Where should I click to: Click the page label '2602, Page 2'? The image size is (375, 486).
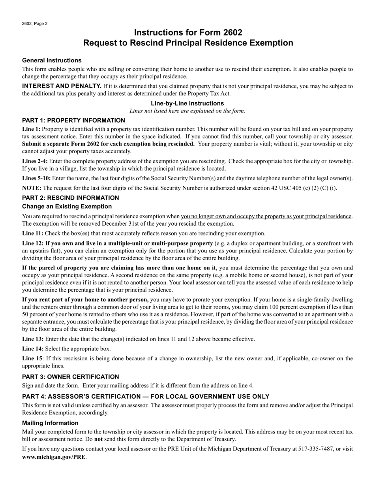point(35,24)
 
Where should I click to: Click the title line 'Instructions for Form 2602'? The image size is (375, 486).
point(188,32)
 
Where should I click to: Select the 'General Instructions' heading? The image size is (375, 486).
point(52,60)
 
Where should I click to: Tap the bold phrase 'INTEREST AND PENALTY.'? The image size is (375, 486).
point(62,86)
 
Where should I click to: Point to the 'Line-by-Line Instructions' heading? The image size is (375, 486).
point(187,103)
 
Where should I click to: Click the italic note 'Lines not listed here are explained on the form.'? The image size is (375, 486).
point(187,111)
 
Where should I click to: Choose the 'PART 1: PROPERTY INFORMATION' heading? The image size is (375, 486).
point(73,121)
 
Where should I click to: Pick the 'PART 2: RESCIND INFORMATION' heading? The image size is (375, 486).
point(70,198)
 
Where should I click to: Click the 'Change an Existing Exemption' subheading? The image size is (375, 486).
point(67,206)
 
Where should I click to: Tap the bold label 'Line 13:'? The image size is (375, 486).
point(33,339)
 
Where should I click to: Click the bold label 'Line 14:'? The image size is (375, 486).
point(33,348)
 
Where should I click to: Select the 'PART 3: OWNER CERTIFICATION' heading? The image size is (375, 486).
point(70,377)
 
